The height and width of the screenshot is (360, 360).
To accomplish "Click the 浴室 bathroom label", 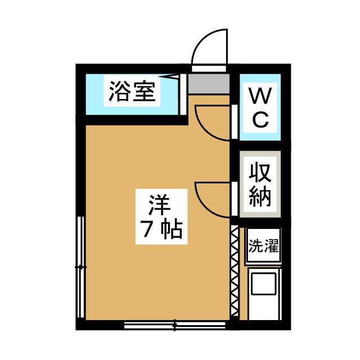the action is point(132,91).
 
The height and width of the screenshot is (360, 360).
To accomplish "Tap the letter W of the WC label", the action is point(260,96).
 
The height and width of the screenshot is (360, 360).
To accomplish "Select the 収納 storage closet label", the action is point(260,184).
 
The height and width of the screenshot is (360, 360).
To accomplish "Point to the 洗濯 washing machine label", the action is point(264,246).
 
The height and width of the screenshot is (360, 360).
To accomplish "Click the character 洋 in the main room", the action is point(160,205).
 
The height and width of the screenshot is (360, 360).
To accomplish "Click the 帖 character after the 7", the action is point(171,229).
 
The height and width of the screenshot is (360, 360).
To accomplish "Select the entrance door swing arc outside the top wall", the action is point(209,47).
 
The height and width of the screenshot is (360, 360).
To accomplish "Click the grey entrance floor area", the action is point(209,84).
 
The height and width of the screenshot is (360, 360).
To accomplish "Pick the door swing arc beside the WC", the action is point(212,123).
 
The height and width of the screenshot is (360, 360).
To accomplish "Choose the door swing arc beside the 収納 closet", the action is point(212,199).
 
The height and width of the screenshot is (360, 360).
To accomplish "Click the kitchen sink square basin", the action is point(263,283).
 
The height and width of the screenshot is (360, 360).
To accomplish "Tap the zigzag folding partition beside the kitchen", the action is point(235,271).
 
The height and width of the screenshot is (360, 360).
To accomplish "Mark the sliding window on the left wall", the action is point(80,267).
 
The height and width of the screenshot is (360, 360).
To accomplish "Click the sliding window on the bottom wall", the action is point(175,325).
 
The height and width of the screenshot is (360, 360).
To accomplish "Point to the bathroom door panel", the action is point(183,94).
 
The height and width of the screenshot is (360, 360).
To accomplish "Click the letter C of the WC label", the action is point(260,119).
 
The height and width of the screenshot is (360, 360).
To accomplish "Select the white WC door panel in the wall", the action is point(235,121).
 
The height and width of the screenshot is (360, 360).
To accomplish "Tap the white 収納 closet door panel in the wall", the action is point(235,199).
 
